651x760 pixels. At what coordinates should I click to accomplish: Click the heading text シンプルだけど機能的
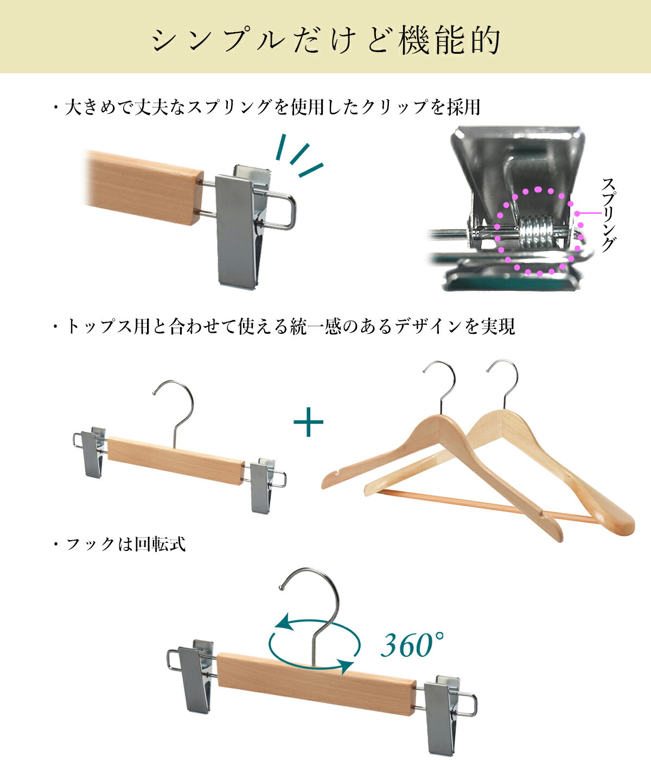[x=325, y=41]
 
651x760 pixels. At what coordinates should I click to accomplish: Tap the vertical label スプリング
[x=608, y=215]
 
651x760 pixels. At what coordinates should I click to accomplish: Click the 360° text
[x=412, y=645]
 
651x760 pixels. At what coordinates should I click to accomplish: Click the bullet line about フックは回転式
[x=119, y=544]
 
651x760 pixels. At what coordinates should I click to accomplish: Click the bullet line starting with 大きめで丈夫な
[x=266, y=107]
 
